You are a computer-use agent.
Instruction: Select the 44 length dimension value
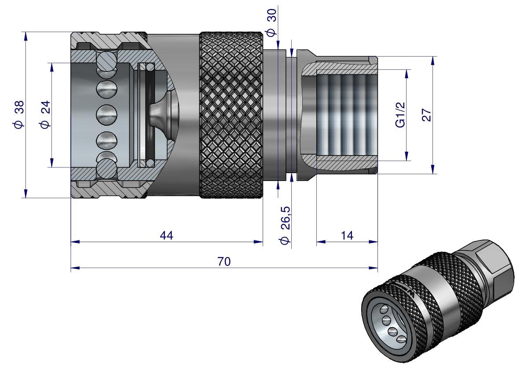coord(166,236)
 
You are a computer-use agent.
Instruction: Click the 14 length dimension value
coord(347,236)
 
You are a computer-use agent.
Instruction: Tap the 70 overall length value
coord(224,262)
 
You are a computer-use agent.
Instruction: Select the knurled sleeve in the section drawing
coord(231,115)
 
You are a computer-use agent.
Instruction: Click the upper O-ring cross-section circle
coord(150,67)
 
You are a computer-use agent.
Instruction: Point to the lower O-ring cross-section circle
coord(150,163)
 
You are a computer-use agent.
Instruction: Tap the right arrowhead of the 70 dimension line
coord(375,268)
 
